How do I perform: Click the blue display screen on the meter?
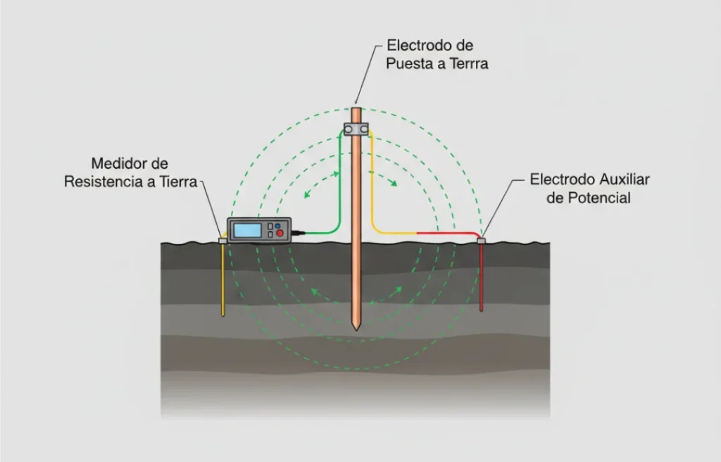click(x=247, y=230)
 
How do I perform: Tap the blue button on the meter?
click(x=277, y=226)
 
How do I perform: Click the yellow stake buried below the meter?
click(x=223, y=281)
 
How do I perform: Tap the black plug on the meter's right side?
click(x=298, y=231)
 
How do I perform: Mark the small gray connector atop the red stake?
click(x=482, y=241)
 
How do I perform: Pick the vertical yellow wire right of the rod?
click(x=372, y=183)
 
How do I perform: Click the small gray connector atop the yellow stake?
click(x=223, y=240)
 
